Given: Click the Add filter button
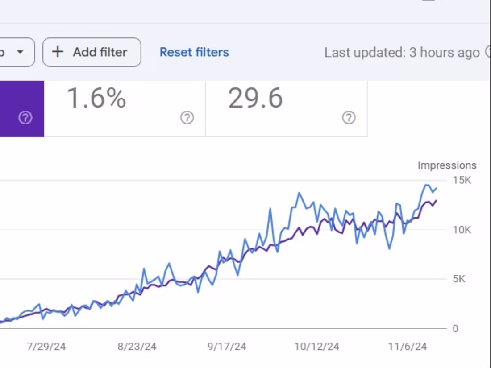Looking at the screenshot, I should click(x=92, y=52).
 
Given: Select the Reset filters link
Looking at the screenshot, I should click(x=194, y=52).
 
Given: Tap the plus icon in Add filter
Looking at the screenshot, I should click(x=58, y=52).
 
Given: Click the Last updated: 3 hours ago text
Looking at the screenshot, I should click(x=401, y=53).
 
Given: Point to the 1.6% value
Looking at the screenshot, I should click(x=96, y=98).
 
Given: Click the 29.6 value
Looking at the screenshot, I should click(x=255, y=98).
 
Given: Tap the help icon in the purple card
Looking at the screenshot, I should click(x=25, y=118).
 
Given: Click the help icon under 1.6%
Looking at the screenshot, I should click(x=187, y=118).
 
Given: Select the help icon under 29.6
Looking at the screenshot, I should click(x=349, y=118).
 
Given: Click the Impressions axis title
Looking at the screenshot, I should click(x=447, y=165).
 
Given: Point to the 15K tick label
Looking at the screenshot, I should click(x=462, y=180).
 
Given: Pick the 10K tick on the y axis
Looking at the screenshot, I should click(x=462, y=230).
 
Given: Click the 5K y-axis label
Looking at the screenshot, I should click(x=459, y=279).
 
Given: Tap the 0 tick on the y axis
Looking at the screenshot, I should click(x=455, y=329).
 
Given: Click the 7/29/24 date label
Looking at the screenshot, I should click(x=46, y=347).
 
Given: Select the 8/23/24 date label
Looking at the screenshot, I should click(x=137, y=347).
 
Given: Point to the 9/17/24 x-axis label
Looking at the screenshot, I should click(x=227, y=347).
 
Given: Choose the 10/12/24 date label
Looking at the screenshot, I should click(x=317, y=347).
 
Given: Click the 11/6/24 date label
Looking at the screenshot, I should click(x=407, y=347).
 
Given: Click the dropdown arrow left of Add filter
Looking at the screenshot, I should click(x=20, y=52).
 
